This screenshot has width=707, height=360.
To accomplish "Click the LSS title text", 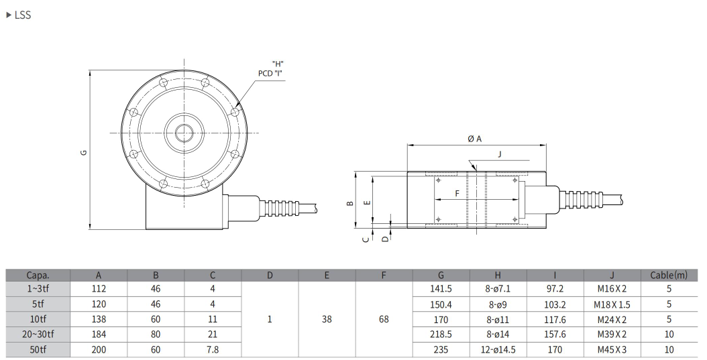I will click(22, 15).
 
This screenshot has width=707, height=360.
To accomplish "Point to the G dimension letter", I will click(84, 152).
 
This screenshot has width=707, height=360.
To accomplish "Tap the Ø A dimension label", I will click(475, 138).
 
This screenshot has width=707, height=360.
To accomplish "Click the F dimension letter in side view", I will click(457, 193).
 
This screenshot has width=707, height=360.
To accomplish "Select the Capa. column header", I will click(38, 275).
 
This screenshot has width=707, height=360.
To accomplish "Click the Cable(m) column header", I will click(669, 275).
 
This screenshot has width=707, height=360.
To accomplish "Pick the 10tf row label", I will click(38, 319).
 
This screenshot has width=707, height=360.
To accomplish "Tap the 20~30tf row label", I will click(38, 334).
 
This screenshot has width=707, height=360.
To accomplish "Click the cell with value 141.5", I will click(441, 289).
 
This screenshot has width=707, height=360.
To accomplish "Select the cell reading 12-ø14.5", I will click(498, 349).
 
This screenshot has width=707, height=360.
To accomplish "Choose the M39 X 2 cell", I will click(612, 334).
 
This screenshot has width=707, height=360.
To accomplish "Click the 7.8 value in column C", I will click(213, 349).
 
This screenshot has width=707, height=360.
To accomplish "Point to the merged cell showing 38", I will click(327, 319).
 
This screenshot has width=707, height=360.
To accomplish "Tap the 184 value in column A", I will click(99, 334).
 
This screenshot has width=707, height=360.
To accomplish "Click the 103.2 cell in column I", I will click(555, 304).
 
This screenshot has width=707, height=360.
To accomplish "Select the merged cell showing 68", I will click(384, 319).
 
